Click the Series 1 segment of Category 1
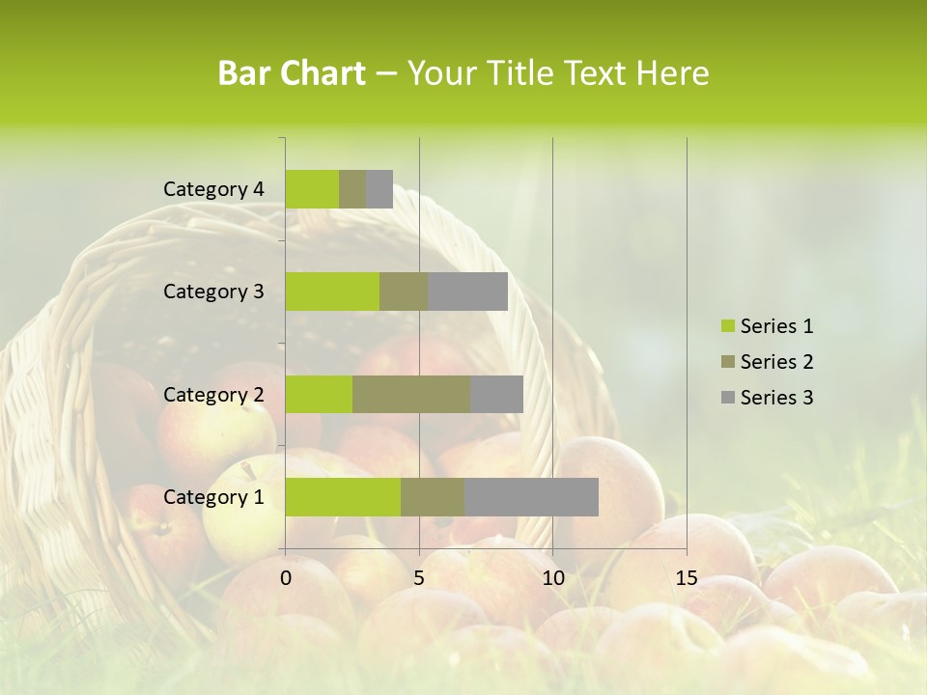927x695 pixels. pyautogui.click(x=343, y=496)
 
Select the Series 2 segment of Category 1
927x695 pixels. pyautogui.click(x=433, y=496)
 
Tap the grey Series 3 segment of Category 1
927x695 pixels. pyautogui.click(x=531, y=496)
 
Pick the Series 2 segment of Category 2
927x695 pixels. pyautogui.click(x=411, y=394)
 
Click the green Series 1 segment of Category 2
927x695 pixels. pyautogui.click(x=319, y=394)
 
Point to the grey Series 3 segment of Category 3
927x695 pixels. pyautogui.click(x=467, y=292)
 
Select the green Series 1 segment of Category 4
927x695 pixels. pyautogui.click(x=312, y=189)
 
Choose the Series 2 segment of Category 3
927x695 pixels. pyautogui.click(x=404, y=292)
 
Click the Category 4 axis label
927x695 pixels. pyautogui.click(x=213, y=189)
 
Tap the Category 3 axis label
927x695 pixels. pyautogui.click(x=213, y=292)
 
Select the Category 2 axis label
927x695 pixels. pyautogui.click(x=213, y=394)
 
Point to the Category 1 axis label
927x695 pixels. pyautogui.click(x=213, y=497)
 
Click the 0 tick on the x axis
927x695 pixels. pyautogui.click(x=286, y=578)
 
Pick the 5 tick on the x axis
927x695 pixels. pyautogui.click(x=419, y=578)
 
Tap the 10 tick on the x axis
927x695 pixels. pyautogui.click(x=552, y=578)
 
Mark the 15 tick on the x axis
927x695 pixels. pyautogui.click(x=687, y=578)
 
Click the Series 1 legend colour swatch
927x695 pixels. pyautogui.click(x=727, y=326)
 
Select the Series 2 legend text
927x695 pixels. pyautogui.click(x=776, y=362)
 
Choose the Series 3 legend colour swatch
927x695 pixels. pyautogui.click(x=727, y=398)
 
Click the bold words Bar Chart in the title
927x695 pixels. pyautogui.click(x=292, y=73)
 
